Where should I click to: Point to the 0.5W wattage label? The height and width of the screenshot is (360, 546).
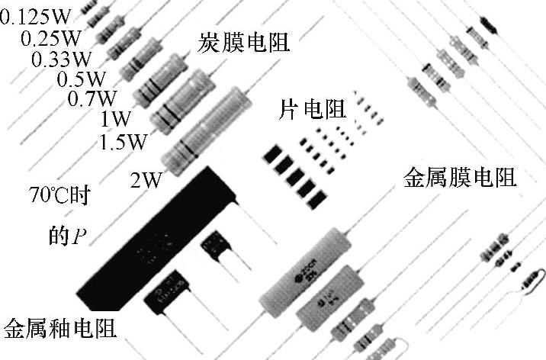tap(82, 79)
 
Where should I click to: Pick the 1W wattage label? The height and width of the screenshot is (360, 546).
tap(114, 120)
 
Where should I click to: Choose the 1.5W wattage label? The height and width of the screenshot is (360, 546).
tap(124, 142)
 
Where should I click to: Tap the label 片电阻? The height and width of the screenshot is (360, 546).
tap(309, 109)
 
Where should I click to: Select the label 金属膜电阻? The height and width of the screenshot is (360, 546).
tap(459, 178)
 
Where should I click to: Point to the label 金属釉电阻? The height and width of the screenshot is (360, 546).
tap(60, 329)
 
